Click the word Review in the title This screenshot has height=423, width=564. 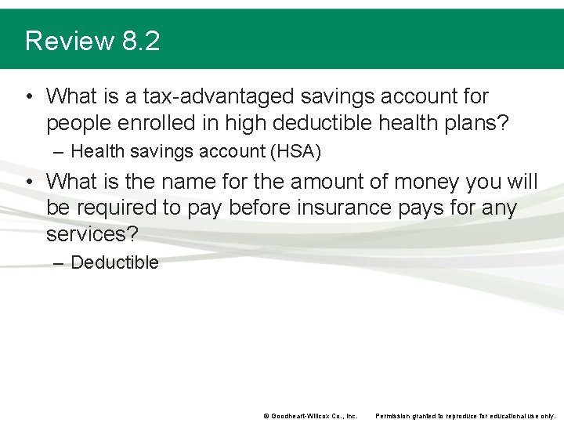[x=70, y=41]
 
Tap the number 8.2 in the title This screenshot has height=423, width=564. [x=141, y=41]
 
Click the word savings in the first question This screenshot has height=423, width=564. [x=335, y=97]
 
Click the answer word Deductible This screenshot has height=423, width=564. [x=114, y=263]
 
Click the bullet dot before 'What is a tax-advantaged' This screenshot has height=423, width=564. [x=28, y=97]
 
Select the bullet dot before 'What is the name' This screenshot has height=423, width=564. [x=28, y=182]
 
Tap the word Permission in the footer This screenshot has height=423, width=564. [x=396, y=415]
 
